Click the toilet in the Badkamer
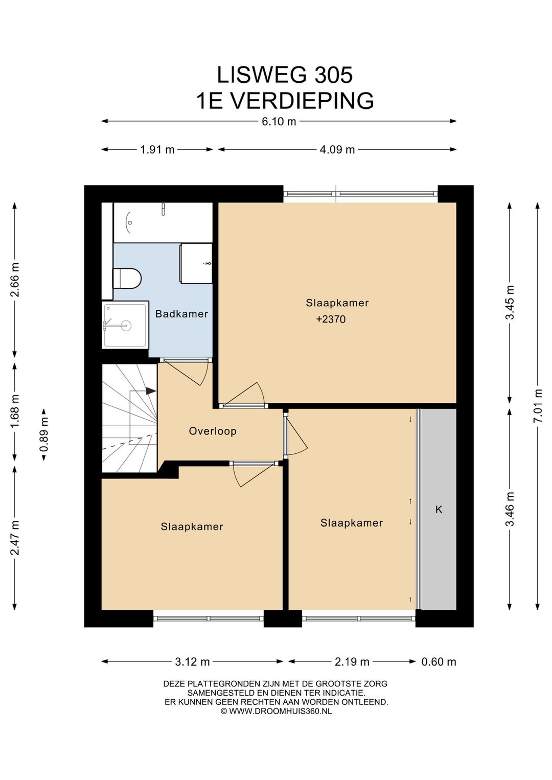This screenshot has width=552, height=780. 127,278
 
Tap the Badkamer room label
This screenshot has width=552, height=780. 181,314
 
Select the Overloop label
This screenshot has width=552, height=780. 213,431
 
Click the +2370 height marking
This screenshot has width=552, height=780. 331,319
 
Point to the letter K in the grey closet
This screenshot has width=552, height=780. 439,510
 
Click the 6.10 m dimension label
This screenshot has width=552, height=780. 279,122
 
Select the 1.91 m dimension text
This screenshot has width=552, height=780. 157,150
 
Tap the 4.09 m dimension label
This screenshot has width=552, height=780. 337,150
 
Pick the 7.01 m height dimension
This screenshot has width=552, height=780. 538,406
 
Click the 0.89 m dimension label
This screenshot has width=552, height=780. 44,434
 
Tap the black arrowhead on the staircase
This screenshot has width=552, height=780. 151,391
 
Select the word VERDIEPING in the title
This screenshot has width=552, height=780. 302,101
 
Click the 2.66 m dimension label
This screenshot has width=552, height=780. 15,280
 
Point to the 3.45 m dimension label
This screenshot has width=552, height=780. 510,302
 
